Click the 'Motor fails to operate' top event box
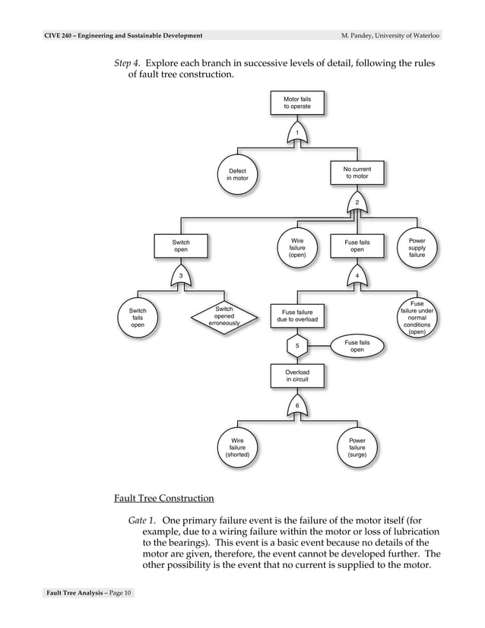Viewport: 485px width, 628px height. (x=297, y=103)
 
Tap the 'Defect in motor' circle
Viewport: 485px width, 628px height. (x=238, y=175)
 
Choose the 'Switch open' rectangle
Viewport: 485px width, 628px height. (x=181, y=246)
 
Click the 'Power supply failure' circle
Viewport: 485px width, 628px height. (x=417, y=248)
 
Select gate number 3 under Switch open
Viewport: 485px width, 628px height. (x=181, y=274)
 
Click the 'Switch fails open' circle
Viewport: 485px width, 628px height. (x=138, y=318)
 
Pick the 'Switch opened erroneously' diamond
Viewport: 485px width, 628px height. (x=223, y=316)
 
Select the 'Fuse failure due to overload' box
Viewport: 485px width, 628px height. (x=297, y=316)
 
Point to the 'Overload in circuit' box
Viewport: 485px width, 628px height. (x=297, y=376)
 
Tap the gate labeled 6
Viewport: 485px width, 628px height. (x=297, y=406)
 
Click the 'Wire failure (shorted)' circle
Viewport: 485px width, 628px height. (x=238, y=447)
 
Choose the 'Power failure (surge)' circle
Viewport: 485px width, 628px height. (x=357, y=447)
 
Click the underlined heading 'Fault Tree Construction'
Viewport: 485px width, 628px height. (x=163, y=498)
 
